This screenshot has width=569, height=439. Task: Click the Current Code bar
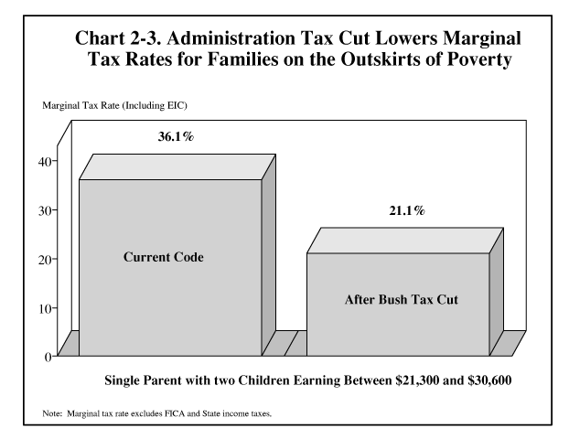point(170,265)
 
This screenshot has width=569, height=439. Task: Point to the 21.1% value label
point(405,211)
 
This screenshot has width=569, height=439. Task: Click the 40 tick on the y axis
point(45,161)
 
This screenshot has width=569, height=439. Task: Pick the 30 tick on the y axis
point(45,210)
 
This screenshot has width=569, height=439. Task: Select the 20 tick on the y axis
point(45,259)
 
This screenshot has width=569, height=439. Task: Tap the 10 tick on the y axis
point(45,308)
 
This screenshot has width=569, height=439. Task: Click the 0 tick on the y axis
point(48,357)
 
